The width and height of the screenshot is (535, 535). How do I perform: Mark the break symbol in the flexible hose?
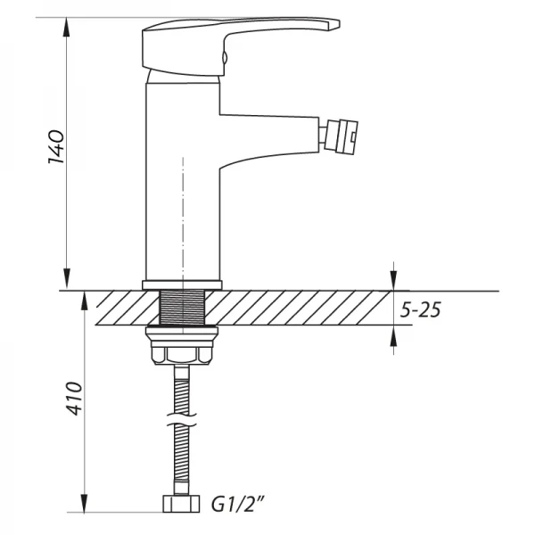point(181,415)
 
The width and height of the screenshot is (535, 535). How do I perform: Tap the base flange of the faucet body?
point(181,285)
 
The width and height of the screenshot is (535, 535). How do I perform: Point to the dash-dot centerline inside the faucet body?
point(181,214)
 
